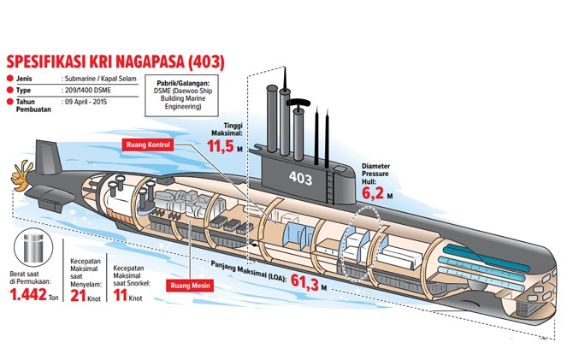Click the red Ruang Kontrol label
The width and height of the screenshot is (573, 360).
coord(148,145)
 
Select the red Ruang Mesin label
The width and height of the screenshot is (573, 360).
coord(190,285)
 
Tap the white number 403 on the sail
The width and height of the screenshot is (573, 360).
coord(300,178)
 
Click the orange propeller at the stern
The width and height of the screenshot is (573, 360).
coord(21,175)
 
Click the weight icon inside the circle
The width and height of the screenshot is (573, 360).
coord(33,248)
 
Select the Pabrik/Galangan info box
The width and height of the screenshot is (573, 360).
coord(181,96)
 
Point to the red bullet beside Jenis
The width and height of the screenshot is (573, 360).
coord(10,78)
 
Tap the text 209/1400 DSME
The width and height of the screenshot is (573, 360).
coord(88,91)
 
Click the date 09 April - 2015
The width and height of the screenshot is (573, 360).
coord(86,102)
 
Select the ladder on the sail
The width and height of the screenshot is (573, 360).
coord(330,187)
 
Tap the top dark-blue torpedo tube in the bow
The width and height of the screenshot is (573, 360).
coord(487,258)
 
